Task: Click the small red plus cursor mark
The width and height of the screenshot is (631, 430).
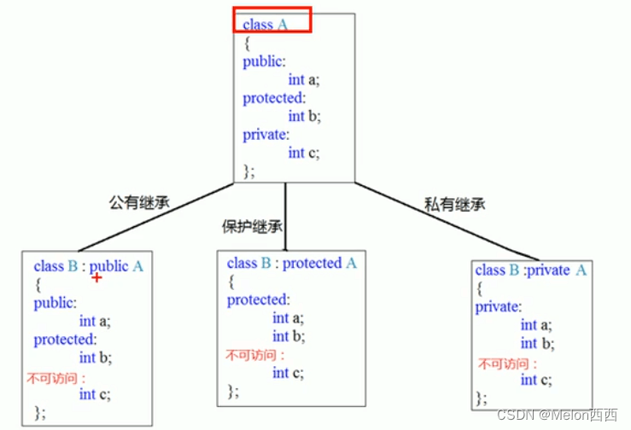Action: coord(96,278)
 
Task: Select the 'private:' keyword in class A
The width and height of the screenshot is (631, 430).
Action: coord(266,135)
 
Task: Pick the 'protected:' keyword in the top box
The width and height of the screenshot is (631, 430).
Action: coord(273,98)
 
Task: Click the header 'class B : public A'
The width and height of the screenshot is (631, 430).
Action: coord(89,266)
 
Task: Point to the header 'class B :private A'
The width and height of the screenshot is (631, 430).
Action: coord(531,270)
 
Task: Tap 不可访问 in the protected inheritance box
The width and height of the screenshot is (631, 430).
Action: coord(254,356)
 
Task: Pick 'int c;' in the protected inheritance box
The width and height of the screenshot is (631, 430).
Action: coord(288,373)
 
